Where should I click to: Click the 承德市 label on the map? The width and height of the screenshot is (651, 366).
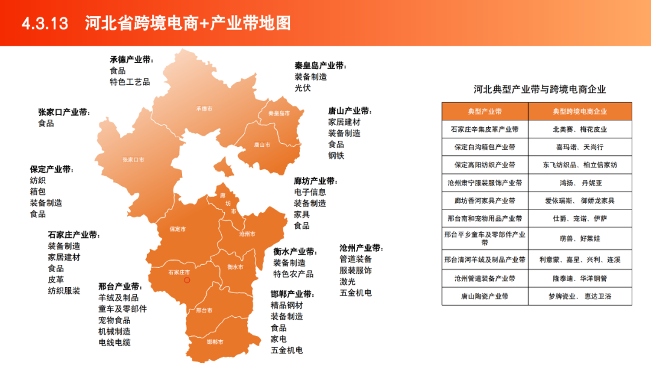204,109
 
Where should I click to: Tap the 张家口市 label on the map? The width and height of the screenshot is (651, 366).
133,160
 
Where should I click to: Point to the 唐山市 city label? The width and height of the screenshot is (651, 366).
262,145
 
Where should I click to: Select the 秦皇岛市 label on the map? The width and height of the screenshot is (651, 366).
279,113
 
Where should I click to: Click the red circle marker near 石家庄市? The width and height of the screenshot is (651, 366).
187,280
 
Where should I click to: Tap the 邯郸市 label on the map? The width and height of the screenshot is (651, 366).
215,342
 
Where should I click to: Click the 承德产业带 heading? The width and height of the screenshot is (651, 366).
131,60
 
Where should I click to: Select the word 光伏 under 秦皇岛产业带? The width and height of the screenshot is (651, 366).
303,88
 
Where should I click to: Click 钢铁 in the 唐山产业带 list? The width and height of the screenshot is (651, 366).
336,155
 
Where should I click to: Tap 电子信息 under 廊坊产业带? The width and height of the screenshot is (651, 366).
310,192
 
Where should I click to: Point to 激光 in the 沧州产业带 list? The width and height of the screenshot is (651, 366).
347,281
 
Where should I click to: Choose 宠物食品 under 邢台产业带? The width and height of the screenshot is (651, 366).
115,320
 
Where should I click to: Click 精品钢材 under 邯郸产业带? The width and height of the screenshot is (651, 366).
287,305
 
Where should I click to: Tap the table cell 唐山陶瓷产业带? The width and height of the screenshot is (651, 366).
485,296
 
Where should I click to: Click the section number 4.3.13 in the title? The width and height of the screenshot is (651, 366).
46,23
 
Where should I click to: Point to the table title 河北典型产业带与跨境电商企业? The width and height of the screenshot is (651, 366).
539,89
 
